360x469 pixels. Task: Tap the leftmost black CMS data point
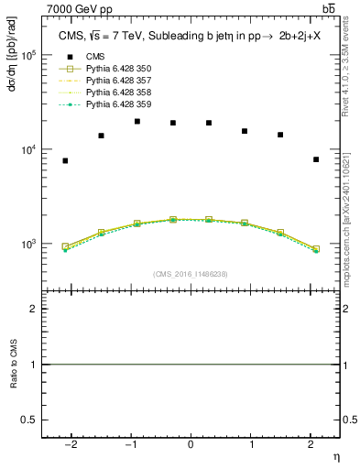[65, 160]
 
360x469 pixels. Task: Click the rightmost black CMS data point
[316, 159]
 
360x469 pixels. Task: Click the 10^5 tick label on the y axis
[29, 55]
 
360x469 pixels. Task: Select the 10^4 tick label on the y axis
[29, 149]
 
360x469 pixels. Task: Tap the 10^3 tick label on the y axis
[29, 245]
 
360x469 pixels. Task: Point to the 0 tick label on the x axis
[191, 444]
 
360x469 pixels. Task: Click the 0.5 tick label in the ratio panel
[27, 419]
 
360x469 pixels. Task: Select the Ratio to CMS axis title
[14, 365]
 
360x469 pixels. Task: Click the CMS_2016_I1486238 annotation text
[191, 274]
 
